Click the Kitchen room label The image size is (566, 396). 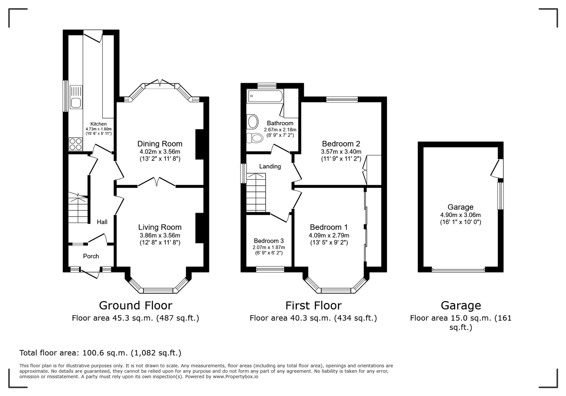pos(99,124)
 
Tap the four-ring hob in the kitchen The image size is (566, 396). pos(76,144)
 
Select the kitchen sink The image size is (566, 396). pos(76,97)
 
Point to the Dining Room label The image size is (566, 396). pos(160,144)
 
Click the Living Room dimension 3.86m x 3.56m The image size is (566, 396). pos(160,235)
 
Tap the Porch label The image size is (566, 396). pos(91,256)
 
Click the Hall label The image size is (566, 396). pos(102,222)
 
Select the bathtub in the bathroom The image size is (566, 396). pos(265,96)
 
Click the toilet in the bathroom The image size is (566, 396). pos(254,138)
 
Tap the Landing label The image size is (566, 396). pos(270,166)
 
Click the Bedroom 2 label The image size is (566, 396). pos(341,144)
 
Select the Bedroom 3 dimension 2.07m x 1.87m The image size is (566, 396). pos(268,247)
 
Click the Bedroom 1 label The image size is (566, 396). pos(329,227)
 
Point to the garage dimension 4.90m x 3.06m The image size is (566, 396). pos(460,215)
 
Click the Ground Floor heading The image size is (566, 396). pos(136,305)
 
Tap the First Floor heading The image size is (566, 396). pos(313,305)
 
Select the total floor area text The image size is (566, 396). pos(100,353)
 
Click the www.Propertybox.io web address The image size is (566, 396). pos(236,377)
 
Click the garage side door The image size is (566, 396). pos(497,168)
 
